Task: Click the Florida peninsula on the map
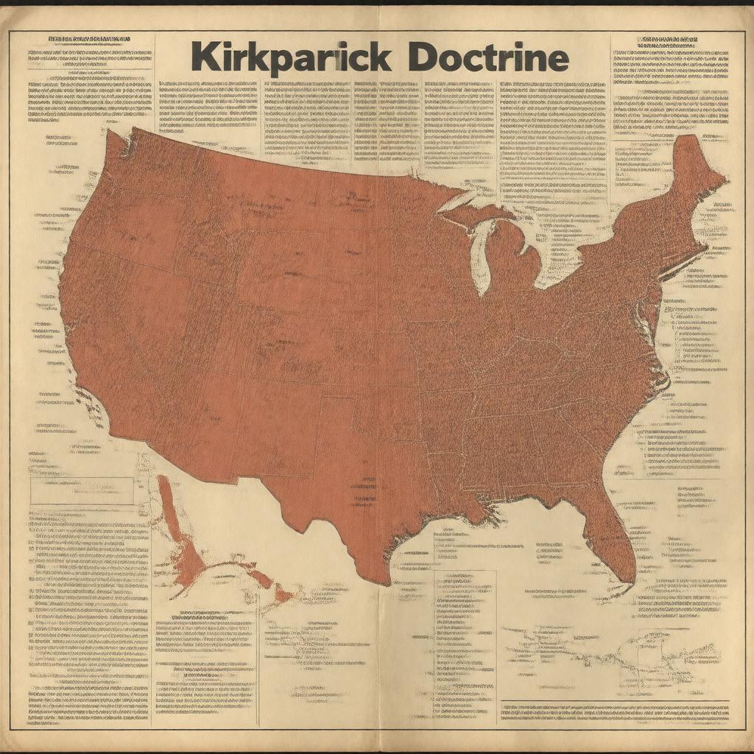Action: (x=617, y=538)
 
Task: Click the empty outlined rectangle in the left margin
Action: (x=82, y=490)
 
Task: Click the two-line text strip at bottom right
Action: (x=615, y=711)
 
